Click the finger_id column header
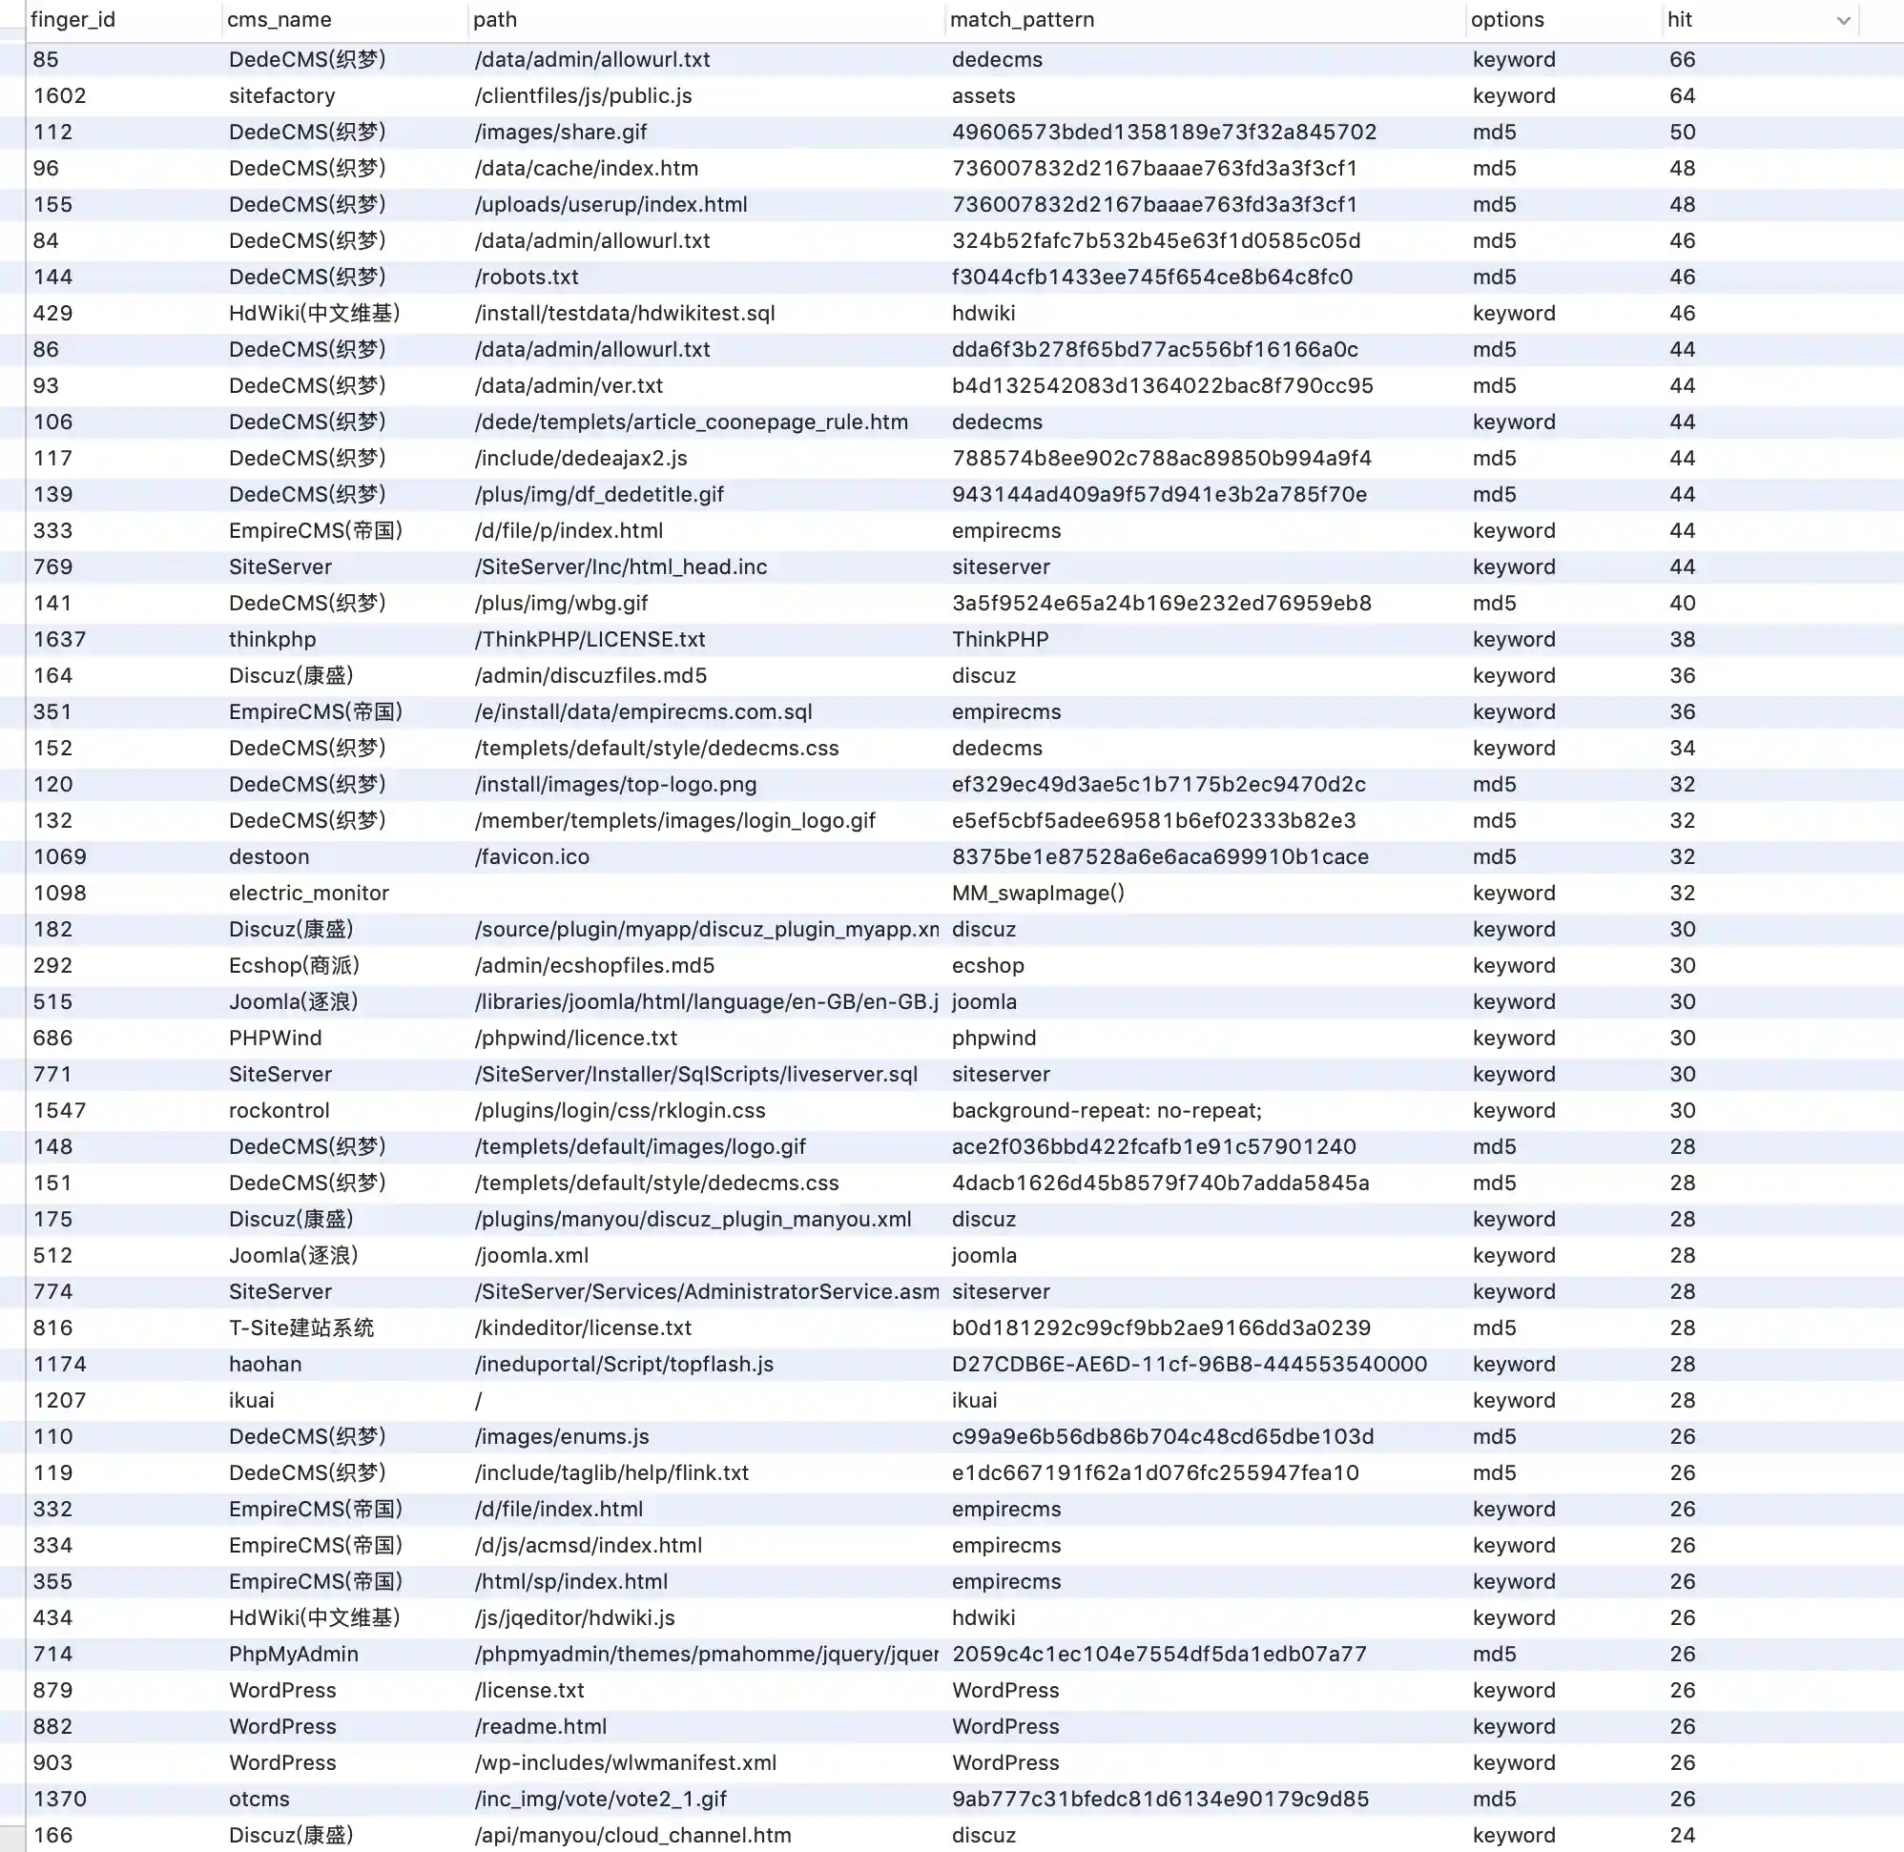(x=72, y=19)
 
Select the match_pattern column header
(x=1022, y=19)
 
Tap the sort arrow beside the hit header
(x=1843, y=20)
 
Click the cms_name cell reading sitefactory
(x=282, y=95)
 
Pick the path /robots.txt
(x=527, y=278)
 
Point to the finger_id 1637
(x=59, y=639)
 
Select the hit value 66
(x=1682, y=59)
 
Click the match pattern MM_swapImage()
(x=1038, y=893)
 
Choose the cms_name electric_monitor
(x=308, y=893)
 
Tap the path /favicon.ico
(x=532, y=857)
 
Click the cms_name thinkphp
(x=273, y=639)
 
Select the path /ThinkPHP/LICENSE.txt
(x=590, y=639)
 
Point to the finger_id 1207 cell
(x=59, y=1400)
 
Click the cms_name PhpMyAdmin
(x=294, y=1654)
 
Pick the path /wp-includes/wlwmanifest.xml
(x=626, y=1762)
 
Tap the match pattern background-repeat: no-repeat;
(x=1107, y=1110)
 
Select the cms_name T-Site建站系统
(x=301, y=1327)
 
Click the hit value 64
(x=1682, y=95)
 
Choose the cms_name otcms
(x=259, y=1799)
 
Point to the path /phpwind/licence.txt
(x=576, y=1038)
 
